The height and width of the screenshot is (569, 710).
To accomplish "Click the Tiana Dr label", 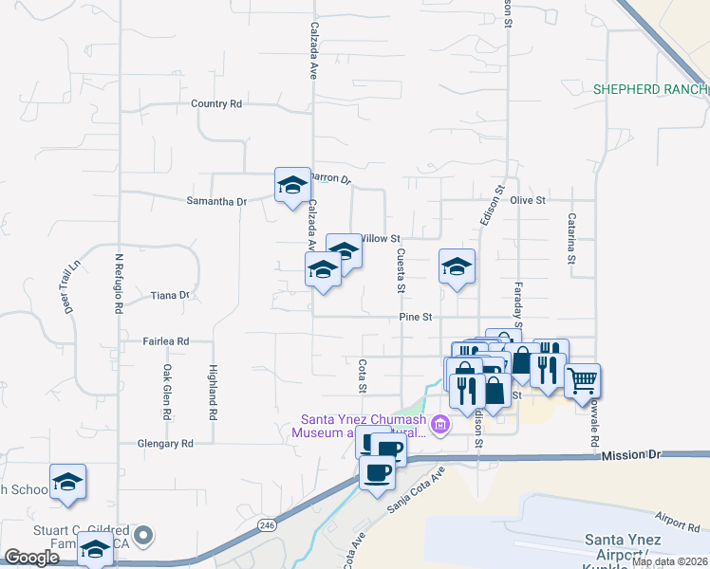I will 171,296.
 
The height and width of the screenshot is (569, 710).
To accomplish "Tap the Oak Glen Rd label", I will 166,392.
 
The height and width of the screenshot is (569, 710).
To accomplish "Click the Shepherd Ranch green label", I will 650,89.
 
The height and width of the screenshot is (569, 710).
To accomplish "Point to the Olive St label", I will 528,201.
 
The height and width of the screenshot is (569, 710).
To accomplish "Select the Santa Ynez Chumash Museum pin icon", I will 439,427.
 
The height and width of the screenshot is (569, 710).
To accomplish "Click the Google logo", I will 31,558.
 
